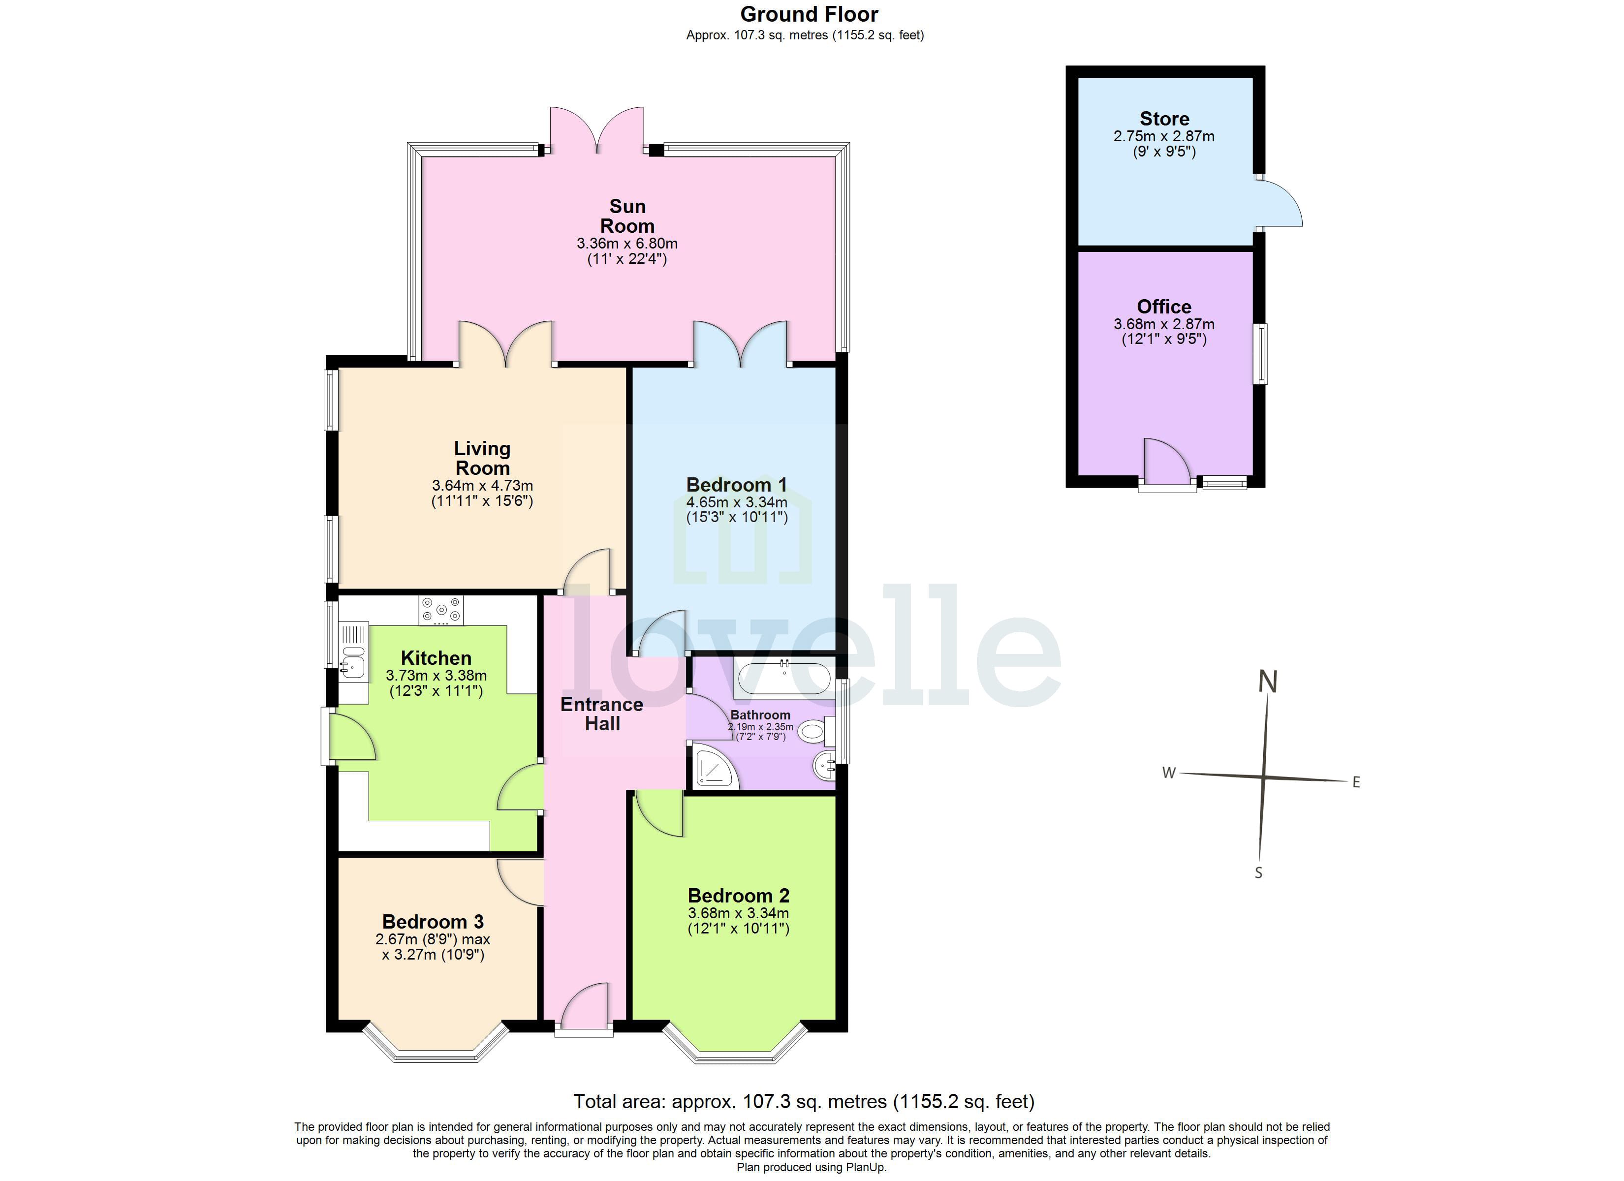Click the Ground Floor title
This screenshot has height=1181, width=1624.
coord(809,14)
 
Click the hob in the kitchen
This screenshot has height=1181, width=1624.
coord(441,610)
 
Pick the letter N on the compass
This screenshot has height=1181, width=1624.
coord(1268,682)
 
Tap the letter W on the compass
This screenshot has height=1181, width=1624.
coord(1169,773)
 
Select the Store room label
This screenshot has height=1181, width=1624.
coord(1164,119)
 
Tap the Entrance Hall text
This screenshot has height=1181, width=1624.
coord(601,714)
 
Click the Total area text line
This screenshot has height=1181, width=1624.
coord(804,1101)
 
